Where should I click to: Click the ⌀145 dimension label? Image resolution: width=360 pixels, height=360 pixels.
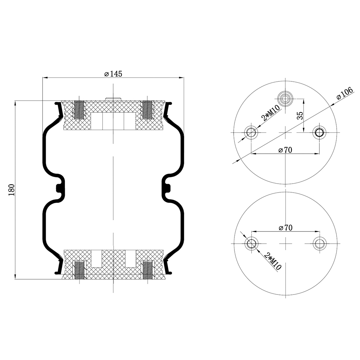113,74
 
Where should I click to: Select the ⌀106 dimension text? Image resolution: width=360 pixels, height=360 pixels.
344,94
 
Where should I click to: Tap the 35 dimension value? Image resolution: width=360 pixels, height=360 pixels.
300,115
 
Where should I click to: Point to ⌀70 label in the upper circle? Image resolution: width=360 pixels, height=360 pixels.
285,150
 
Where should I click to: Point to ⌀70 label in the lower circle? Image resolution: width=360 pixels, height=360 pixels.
285,228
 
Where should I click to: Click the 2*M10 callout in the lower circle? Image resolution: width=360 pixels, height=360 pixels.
273,261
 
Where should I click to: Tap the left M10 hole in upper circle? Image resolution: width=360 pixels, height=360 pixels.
251,133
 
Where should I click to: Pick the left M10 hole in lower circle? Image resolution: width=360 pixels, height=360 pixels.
251,244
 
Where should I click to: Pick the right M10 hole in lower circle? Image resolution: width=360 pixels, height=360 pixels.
319,244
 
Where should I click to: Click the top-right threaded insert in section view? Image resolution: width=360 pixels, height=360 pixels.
147,109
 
